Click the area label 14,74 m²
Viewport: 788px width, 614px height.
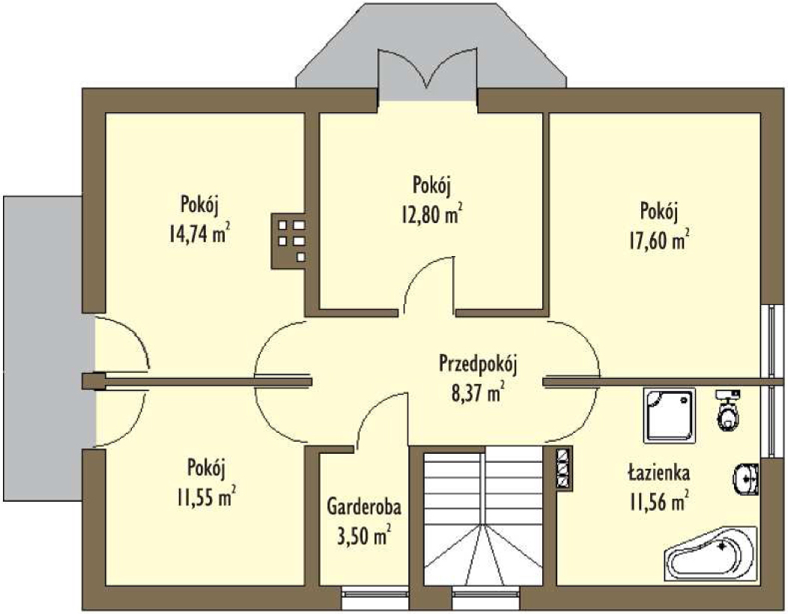tap(200, 234)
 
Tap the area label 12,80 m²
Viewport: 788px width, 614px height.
tap(431, 214)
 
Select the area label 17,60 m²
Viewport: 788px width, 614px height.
tap(659, 240)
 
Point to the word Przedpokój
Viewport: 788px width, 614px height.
tap(478, 365)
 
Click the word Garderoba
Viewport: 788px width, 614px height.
tap(364, 507)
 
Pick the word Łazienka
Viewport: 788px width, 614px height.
tap(659, 472)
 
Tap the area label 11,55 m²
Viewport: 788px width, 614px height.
tap(206, 497)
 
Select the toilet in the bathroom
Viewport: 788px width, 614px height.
tap(727, 410)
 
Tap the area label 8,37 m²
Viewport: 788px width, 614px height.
tap(478, 392)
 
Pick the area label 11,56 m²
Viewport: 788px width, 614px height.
tap(659, 501)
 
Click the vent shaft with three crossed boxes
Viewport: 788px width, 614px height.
tap(564, 466)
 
